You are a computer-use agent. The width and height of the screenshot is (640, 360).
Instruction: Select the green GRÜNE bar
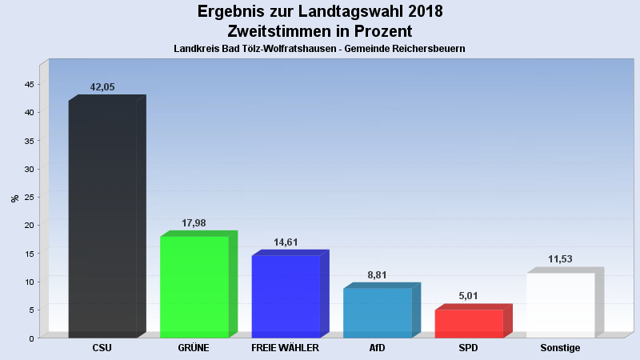(x=194, y=286)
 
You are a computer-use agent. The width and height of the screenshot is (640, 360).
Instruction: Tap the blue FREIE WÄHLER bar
(x=286, y=296)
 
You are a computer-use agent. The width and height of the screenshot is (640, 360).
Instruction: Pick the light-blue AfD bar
(x=377, y=313)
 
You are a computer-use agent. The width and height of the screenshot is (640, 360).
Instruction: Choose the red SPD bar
(x=469, y=323)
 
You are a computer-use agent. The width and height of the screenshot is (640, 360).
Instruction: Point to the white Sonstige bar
(x=560, y=305)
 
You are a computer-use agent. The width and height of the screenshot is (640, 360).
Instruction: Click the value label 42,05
(x=102, y=87)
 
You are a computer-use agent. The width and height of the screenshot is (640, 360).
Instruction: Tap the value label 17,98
(x=194, y=223)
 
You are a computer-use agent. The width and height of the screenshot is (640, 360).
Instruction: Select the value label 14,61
(x=286, y=242)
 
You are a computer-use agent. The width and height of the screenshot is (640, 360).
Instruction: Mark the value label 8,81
(x=377, y=275)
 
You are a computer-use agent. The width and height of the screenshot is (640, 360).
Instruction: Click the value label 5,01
(x=469, y=297)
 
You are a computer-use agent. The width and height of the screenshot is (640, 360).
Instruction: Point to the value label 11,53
(x=560, y=259)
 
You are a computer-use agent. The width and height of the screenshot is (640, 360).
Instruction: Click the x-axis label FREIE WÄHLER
(x=286, y=349)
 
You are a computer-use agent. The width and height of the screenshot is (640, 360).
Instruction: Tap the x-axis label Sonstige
(x=560, y=349)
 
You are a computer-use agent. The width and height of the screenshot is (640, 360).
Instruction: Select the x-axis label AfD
(x=377, y=349)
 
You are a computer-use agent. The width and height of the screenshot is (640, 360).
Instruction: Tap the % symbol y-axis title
(x=14, y=198)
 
